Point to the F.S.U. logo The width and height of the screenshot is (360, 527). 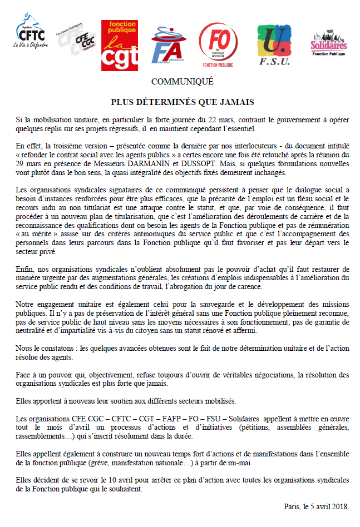point(275,44)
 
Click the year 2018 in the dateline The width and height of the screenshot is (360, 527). point(338,506)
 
